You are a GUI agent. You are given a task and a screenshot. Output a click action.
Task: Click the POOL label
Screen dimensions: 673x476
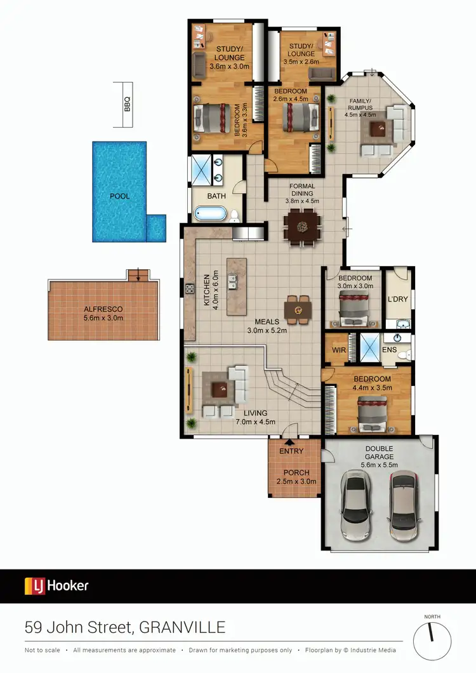[x=119, y=196]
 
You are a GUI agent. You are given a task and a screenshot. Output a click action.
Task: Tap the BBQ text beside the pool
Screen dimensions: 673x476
[x=127, y=103]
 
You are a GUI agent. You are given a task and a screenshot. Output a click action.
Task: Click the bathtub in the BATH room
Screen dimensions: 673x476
[x=210, y=213]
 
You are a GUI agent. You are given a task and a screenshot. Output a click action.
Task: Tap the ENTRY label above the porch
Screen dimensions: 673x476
[x=291, y=451]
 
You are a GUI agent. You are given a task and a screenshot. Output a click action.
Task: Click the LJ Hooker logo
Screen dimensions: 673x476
[x=56, y=586]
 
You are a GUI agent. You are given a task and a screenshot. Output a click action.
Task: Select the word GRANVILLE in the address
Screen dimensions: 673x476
[x=183, y=628]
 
